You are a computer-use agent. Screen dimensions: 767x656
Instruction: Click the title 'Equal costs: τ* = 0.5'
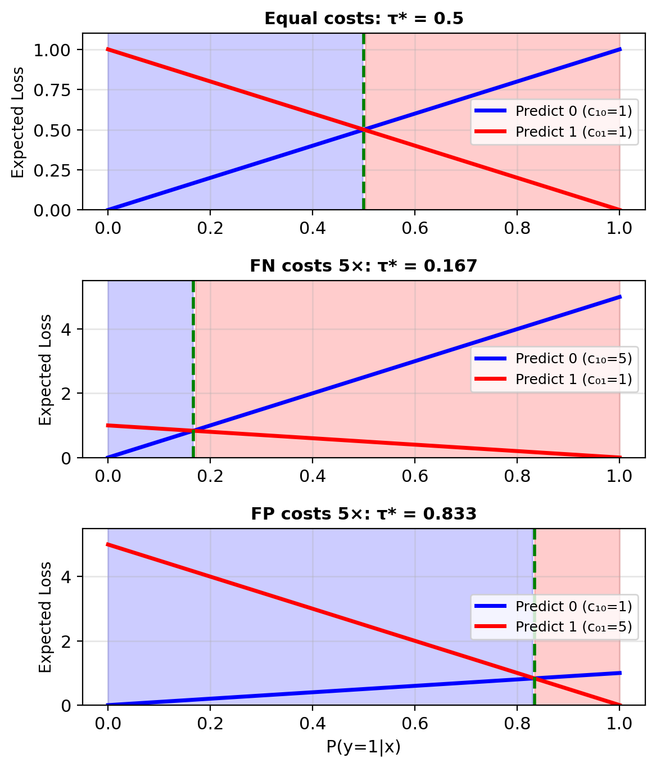click(x=364, y=19)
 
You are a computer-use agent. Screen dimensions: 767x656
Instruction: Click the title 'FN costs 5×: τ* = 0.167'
click(x=363, y=266)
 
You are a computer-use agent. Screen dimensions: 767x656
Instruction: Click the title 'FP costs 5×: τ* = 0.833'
click(x=363, y=513)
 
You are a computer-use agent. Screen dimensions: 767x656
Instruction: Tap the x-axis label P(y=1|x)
click(x=363, y=747)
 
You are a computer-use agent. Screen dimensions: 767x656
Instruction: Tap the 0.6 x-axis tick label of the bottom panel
click(x=414, y=723)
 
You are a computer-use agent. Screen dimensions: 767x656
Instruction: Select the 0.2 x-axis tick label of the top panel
click(x=210, y=228)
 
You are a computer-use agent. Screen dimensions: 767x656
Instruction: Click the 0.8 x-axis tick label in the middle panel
click(x=517, y=475)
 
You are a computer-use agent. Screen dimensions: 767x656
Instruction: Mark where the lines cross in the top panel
click(x=364, y=130)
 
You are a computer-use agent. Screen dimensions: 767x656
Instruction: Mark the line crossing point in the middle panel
click(x=193, y=431)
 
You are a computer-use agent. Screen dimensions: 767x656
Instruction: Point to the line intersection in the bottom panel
click(x=534, y=678)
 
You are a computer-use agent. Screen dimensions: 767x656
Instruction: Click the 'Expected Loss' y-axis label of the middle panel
click(x=46, y=369)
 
